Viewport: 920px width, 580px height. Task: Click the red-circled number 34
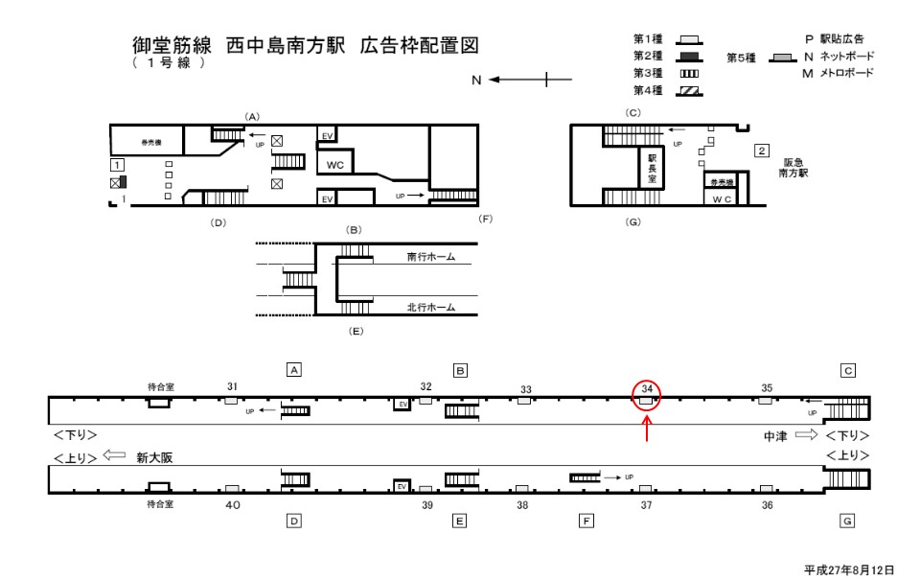(x=648, y=388)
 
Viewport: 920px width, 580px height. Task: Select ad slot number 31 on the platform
(x=232, y=386)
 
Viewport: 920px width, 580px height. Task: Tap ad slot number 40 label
(x=232, y=504)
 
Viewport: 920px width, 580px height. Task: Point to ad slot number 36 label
(x=767, y=504)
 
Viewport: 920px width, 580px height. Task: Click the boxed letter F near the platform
(x=586, y=522)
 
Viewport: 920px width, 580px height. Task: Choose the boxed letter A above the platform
(x=295, y=369)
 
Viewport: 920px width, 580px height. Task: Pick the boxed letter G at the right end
(x=846, y=522)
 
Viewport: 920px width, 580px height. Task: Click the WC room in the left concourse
(x=334, y=164)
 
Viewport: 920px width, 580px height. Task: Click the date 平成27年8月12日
(x=850, y=568)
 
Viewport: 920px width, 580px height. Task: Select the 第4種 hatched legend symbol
(x=689, y=91)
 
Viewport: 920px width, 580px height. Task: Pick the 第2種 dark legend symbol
(x=689, y=57)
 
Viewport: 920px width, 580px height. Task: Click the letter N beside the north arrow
(x=475, y=81)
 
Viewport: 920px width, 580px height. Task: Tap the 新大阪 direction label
(x=156, y=457)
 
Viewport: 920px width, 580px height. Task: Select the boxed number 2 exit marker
(x=761, y=151)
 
